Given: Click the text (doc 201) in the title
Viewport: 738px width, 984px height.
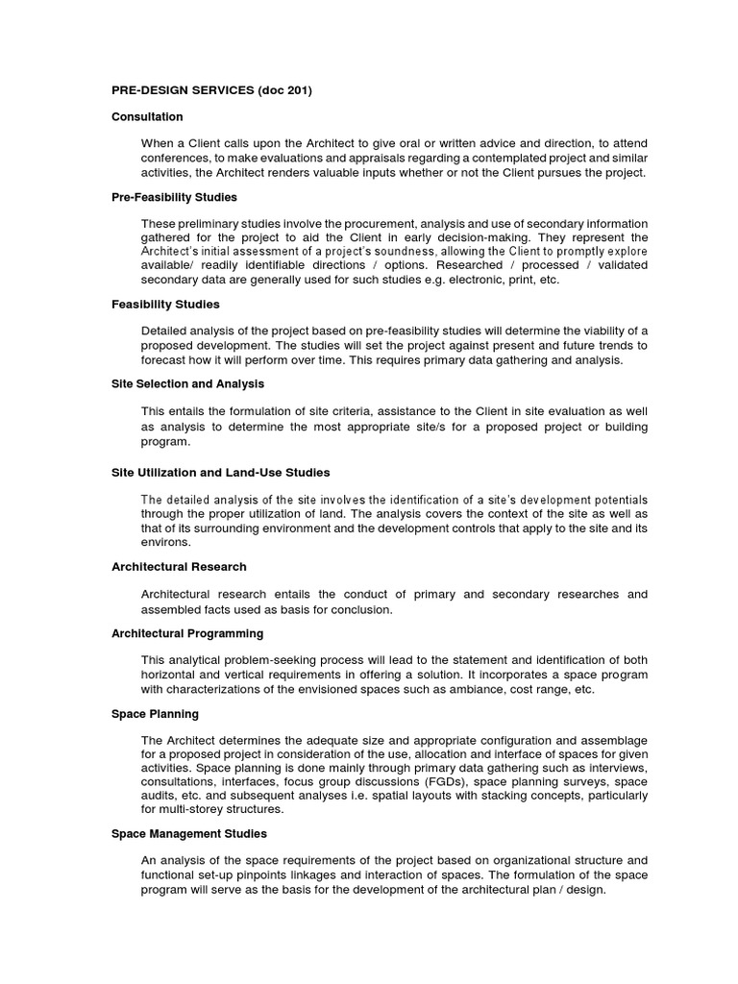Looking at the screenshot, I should [283, 91].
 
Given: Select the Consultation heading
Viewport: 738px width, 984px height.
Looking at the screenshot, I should [147, 117].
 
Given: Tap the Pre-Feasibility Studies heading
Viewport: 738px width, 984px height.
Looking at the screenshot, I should [174, 197].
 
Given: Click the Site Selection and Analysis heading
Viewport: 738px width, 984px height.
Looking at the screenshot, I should [188, 384].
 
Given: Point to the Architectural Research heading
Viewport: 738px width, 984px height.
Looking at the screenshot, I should [179, 567].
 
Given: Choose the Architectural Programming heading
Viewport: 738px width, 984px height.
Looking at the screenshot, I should [187, 634].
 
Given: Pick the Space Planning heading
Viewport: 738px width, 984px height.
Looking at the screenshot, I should [155, 714].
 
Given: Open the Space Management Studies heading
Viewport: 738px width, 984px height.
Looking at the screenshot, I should [189, 834].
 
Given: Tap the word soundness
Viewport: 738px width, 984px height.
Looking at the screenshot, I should [411, 252].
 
